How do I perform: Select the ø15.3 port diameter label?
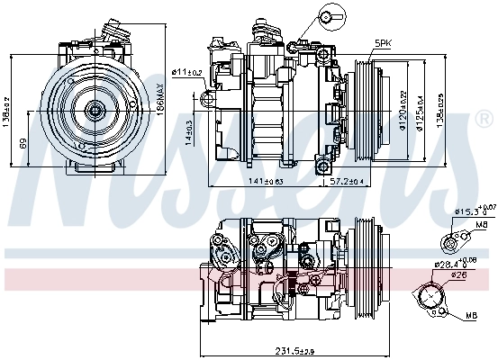469,210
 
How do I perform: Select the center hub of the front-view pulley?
93,110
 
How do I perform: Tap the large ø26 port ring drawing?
433,296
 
